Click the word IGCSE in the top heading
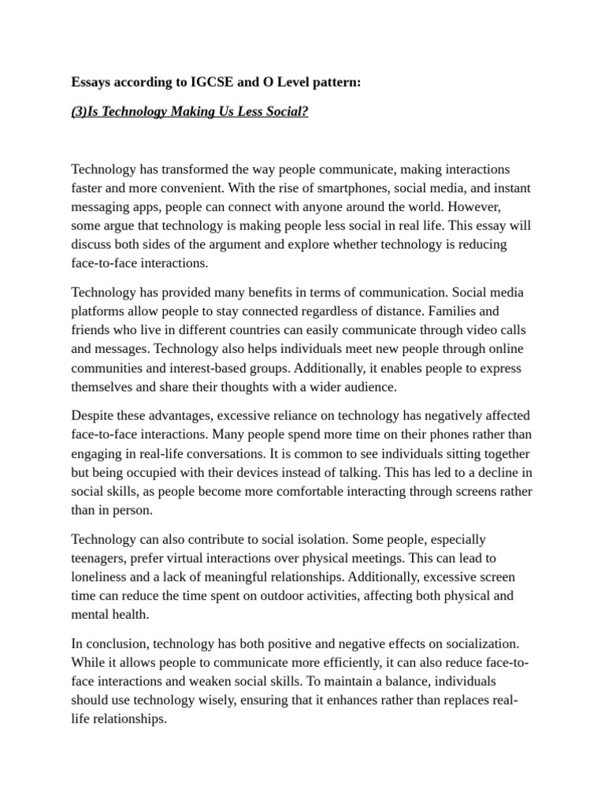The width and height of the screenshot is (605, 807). click(207, 82)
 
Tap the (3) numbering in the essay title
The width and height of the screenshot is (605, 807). click(80, 111)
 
